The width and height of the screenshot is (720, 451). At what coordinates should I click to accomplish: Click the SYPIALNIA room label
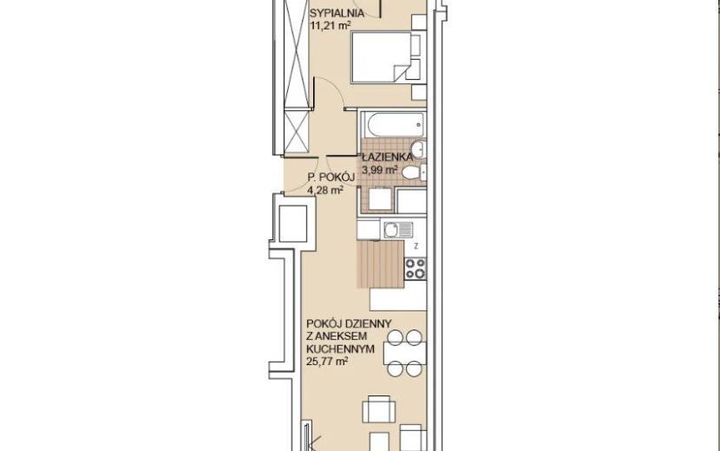coord(337,13)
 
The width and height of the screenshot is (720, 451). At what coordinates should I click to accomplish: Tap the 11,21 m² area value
coord(331,26)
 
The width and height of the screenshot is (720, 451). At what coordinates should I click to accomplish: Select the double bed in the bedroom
coord(386,57)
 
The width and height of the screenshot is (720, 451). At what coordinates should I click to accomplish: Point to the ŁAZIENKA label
coord(387,157)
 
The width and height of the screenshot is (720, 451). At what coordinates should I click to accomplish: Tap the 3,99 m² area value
coord(380,170)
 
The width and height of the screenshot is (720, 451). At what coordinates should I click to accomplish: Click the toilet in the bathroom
coord(413,173)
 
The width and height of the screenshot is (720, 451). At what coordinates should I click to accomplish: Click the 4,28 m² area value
coord(325,190)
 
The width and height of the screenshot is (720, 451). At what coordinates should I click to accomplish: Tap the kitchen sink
coord(398,230)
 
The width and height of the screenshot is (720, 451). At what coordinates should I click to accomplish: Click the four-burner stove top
coord(416,269)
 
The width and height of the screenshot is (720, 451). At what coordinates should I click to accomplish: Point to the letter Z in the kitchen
coord(416,246)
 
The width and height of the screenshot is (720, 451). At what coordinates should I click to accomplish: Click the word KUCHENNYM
coord(340,349)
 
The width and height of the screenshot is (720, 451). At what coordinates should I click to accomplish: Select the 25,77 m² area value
coord(326,362)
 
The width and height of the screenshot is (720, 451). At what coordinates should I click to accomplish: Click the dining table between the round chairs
coord(404,353)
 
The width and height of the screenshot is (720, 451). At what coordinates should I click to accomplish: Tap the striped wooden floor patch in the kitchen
coord(381,264)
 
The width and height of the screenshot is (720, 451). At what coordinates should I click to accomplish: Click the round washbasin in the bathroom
coord(418,149)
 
